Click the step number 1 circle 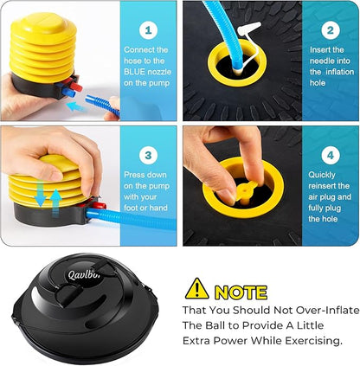point(148,30)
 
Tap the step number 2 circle point(331,30)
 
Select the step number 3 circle point(148,156)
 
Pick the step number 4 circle point(331,156)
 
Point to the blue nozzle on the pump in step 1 point(68,93)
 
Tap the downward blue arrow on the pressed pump point(40,193)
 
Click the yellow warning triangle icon point(196,288)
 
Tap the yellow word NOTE point(241,292)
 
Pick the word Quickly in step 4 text point(322,176)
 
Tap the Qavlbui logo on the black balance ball point(85,274)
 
